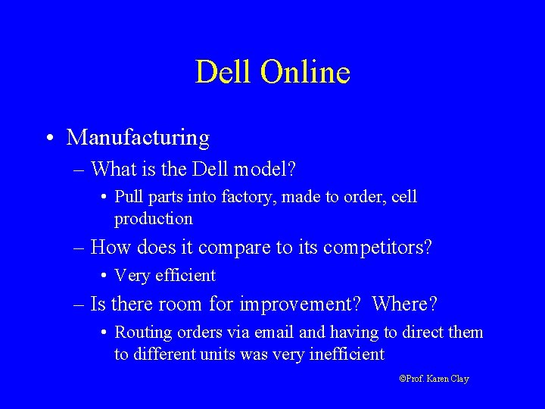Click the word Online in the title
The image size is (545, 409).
pyautogui.click(x=305, y=73)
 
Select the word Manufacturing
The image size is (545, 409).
pyautogui.click(x=138, y=138)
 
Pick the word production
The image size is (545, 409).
pyautogui.click(x=154, y=219)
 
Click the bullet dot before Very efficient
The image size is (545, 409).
pyautogui.click(x=102, y=276)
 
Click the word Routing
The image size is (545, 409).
pyautogui.click(x=140, y=333)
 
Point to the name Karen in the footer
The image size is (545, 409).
pyautogui.click(x=438, y=378)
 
